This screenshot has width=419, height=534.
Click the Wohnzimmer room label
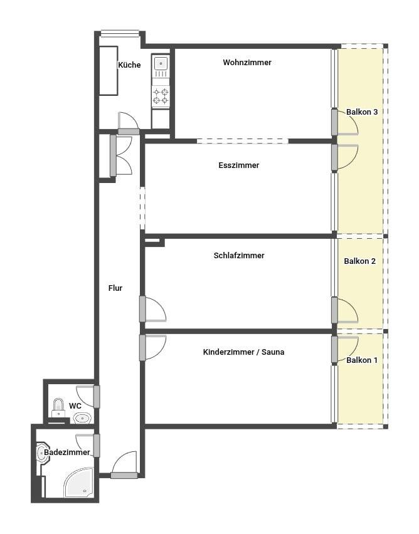247,62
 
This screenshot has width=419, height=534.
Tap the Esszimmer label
238,165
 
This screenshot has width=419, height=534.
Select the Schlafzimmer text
238,256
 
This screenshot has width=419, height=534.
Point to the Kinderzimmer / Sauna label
243,352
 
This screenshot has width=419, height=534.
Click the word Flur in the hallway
115,288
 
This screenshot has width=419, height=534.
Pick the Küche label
129,65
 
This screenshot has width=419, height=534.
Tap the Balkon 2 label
359,261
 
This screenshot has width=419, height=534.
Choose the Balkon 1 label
362,360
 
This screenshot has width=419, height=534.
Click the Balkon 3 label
362,112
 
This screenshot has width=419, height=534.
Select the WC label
75,406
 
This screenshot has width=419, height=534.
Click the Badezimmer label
67,453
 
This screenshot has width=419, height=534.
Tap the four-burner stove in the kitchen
161,96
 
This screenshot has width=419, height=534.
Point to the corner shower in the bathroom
79,482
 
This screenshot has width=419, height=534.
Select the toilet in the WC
58,407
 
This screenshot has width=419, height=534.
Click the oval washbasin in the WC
82,418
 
